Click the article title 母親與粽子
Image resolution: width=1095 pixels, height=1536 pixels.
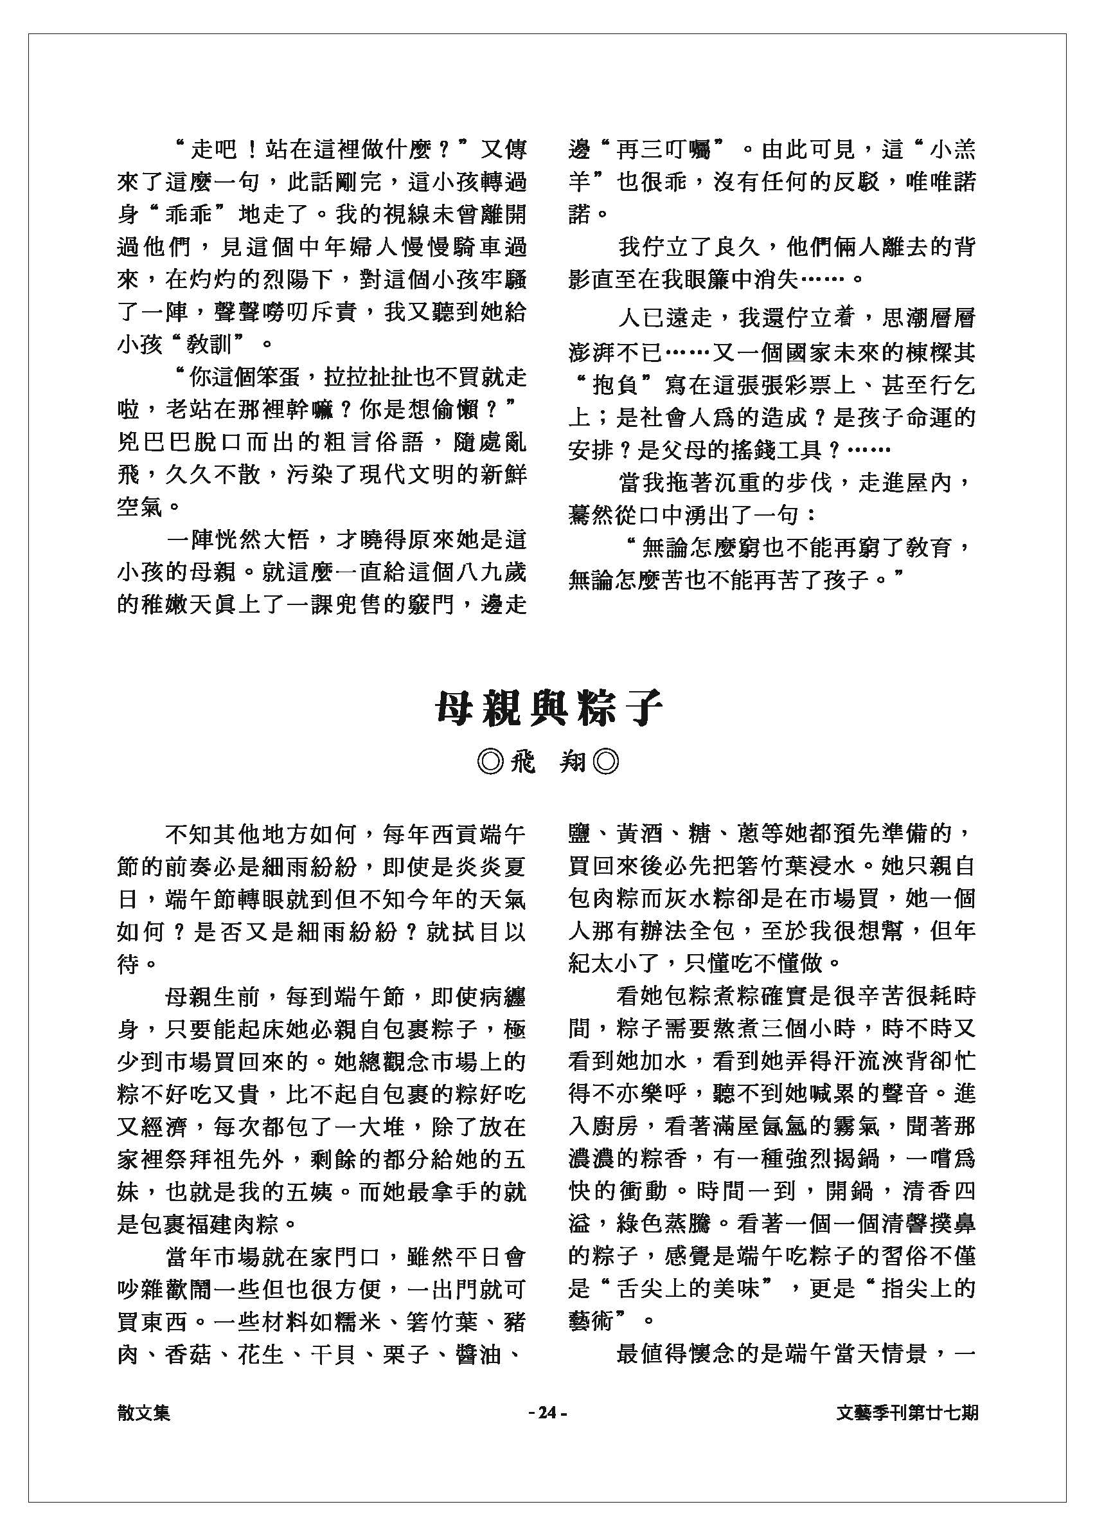547,709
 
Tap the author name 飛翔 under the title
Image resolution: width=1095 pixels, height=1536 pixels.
547,763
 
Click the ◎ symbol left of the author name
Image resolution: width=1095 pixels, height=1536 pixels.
488,763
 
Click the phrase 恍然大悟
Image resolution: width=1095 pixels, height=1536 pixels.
261,540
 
